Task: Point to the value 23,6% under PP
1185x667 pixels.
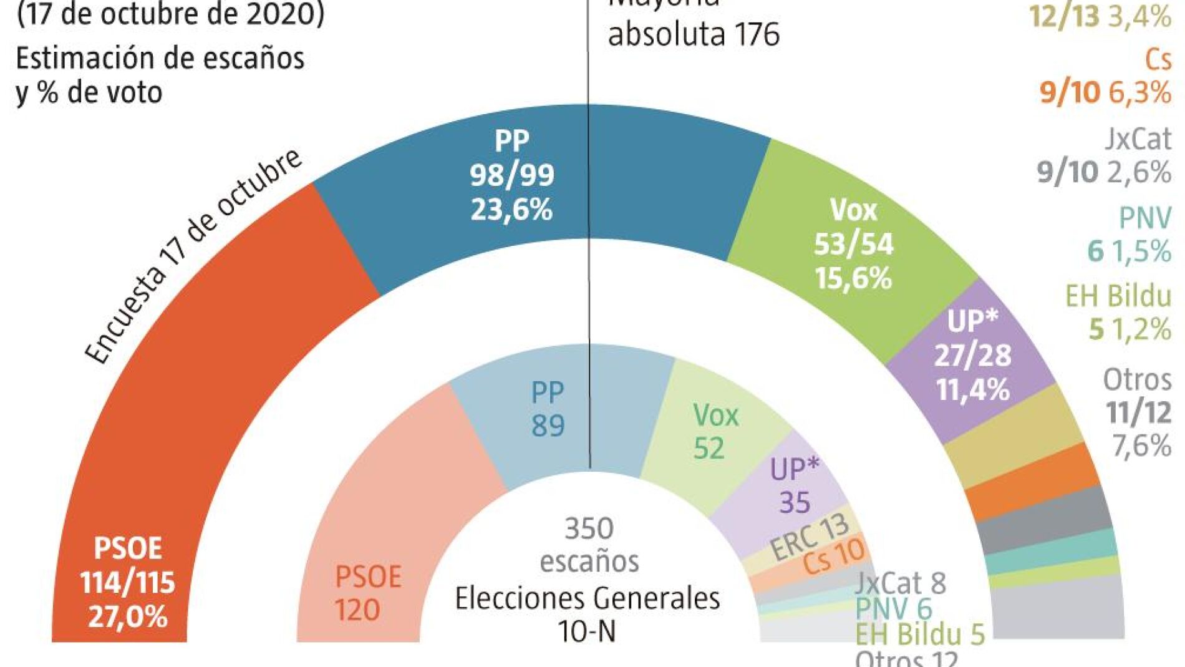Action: pyautogui.click(x=511, y=210)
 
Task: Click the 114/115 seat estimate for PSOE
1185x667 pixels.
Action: pyautogui.click(x=127, y=583)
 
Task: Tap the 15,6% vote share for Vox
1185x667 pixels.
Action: pyautogui.click(x=853, y=278)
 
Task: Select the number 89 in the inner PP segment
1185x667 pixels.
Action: pyautogui.click(x=548, y=426)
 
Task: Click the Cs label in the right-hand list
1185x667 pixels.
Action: pyautogui.click(x=1158, y=60)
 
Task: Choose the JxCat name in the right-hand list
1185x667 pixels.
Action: pyautogui.click(x=1138, y=139)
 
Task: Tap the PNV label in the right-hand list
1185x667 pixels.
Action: pyautogui.click(x=1144, y=218)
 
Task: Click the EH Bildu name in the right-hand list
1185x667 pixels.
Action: pyautogui.click(x=1118, y=296)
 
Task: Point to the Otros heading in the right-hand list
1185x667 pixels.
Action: pyautogui.click(x=1137, y=379)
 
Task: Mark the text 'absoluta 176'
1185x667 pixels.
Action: pyautogui.click(x=694, y=34)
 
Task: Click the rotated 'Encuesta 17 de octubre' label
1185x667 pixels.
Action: pyautogui.click(x=193, y=256)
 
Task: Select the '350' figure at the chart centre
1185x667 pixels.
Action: pyautogui.click(x=589, y=529)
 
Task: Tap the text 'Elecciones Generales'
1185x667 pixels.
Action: pyautogui.click(x=587, y=598)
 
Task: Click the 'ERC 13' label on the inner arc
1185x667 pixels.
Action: pyautogui.click(x=809, y=537)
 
